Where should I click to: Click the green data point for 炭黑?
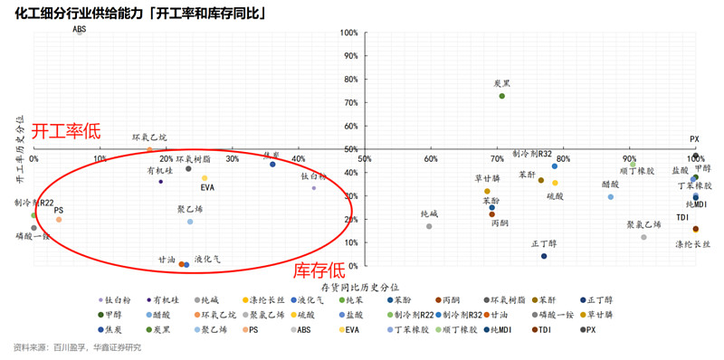(501, 96)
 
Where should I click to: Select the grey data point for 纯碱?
(429, 225)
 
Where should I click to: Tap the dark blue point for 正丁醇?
(544, 256)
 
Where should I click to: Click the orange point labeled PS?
(59, 219)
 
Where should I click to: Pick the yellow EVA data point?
(205, 178)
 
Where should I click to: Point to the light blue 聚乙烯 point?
(190, 221)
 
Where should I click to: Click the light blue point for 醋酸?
(611, 196)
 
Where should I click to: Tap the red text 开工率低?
(66, 132)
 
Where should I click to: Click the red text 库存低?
(319, 270)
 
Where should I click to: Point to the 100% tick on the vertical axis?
(349, 33)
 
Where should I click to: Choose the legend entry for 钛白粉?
(119, 299)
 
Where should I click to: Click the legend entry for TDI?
(544, 329)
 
